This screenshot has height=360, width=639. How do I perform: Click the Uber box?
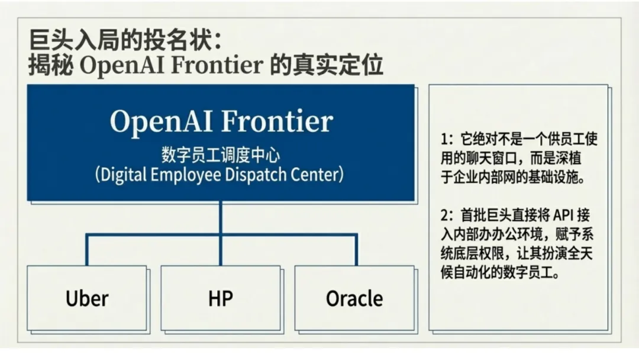coord(88,298)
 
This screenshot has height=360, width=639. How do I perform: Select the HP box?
coord(221,298)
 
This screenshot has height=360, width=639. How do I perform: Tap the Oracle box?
coord(354,298)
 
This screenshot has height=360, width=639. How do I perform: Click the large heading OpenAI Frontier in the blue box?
coord(221,122)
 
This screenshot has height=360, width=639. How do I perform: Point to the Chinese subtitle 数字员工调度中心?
coord(221,155)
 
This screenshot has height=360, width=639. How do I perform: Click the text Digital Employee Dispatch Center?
coord(221,175)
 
